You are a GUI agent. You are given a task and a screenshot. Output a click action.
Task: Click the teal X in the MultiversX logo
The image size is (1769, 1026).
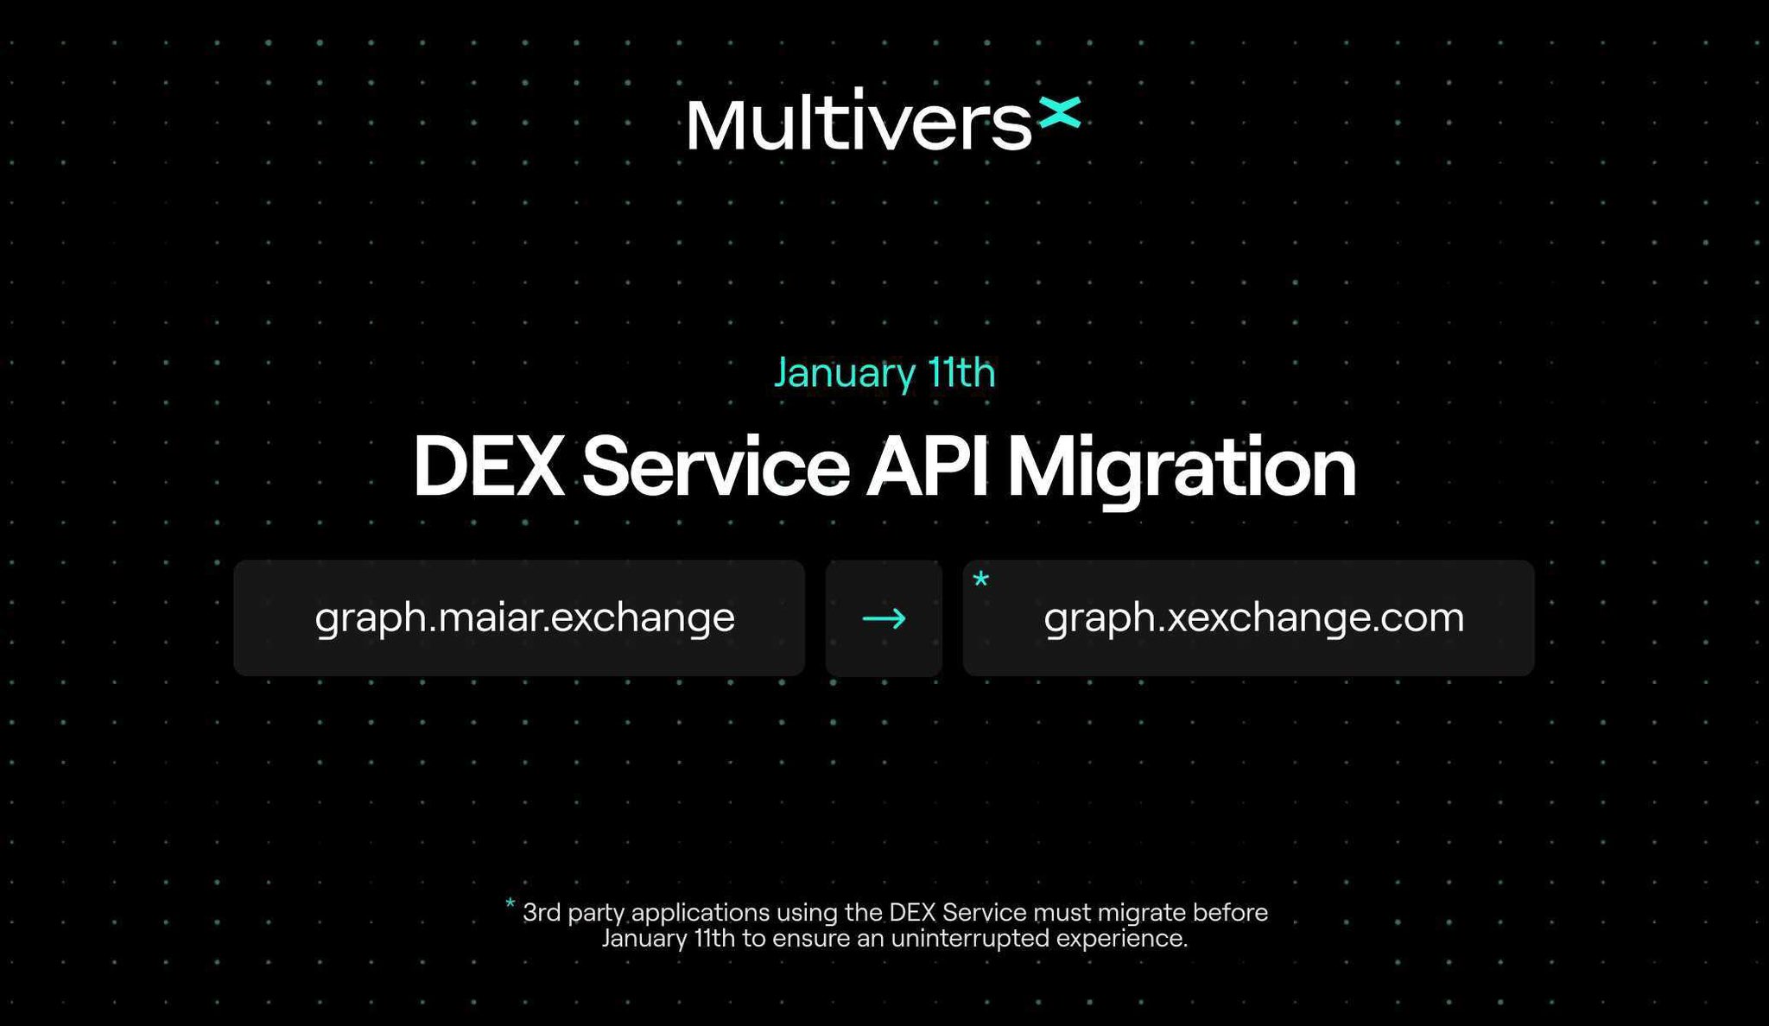[1059, 113]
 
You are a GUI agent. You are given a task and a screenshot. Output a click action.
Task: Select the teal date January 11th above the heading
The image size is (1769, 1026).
[884, 372]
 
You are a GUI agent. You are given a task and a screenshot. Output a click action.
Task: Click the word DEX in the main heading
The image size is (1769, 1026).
[488, 467]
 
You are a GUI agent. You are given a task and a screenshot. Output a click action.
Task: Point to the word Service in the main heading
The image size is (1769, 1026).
[716, 467]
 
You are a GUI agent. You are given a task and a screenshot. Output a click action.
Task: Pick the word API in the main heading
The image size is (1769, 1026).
[927, 467]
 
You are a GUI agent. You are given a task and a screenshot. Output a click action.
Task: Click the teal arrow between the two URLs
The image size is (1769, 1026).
[884, 618]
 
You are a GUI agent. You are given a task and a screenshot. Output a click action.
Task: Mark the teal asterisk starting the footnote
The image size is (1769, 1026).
[510, 904]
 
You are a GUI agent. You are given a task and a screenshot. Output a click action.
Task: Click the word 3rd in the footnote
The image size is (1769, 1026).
[542, 913]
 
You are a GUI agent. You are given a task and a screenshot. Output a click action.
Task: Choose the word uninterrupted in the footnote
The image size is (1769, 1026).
[970, 939]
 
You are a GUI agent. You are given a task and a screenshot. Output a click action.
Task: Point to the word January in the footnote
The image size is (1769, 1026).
[644, 939]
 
